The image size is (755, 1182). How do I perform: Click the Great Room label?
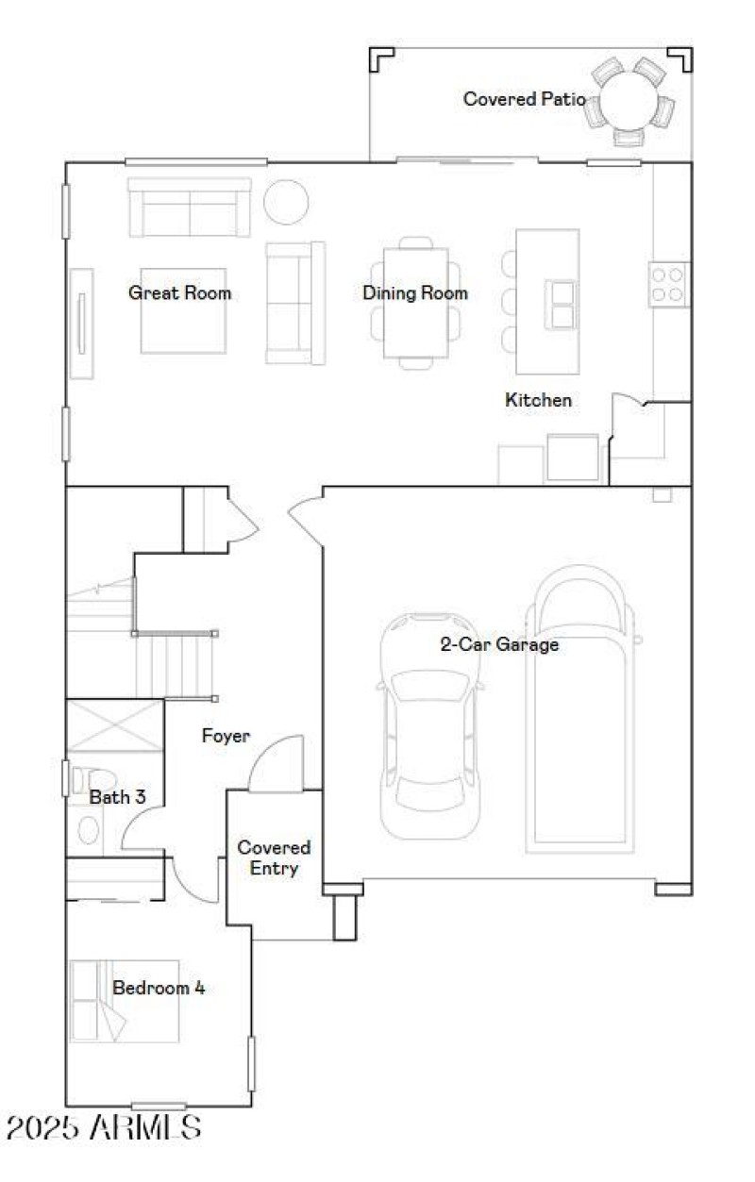tap(179, 293)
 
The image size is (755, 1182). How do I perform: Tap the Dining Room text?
tap(414, 293)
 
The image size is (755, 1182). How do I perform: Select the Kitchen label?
tap(538, 400)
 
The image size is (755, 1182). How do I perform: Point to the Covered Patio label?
tap(524, 99)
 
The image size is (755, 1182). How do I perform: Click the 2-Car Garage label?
tap(499, 645)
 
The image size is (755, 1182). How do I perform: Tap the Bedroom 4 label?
tap(159, 989)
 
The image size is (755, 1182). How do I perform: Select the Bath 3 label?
tap(117, 797)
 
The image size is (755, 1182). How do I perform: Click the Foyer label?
tap(226, 736)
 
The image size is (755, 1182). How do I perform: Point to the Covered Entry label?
tap(274, 858)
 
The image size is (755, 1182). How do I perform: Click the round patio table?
tap(629, 99)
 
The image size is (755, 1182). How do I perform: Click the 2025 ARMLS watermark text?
tap(104, 1127)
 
